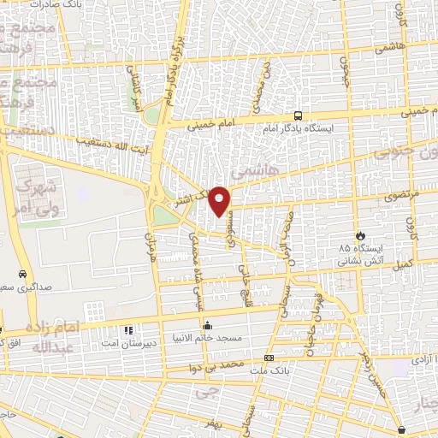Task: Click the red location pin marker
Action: [220, 200]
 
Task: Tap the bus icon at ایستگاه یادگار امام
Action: [297, 115]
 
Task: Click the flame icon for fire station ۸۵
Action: [360, 235]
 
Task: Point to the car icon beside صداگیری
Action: [20, 275]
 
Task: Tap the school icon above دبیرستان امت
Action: [127, 329]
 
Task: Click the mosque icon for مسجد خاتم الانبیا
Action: [207, 325]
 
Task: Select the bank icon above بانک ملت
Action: [269, 358]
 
